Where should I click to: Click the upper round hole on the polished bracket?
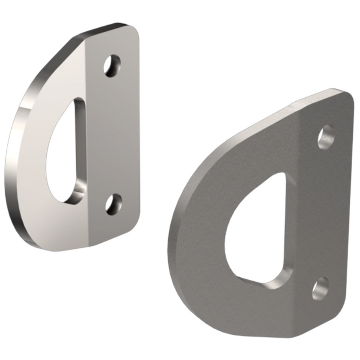[x=112, y=66]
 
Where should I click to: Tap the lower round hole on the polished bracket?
[x=113, y=204]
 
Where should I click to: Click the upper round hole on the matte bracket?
[x=326, y=137]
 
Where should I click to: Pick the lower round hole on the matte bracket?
[x=320, y=289]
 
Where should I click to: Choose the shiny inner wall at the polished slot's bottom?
[x=77, y=193]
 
